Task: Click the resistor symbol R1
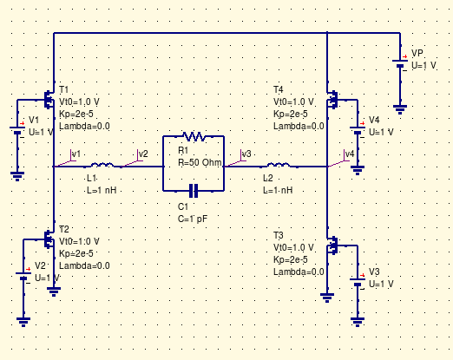[194, 137]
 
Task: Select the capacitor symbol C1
[194, 189]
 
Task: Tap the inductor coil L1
[102, 164]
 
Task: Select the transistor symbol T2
[50, 236]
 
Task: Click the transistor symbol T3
[331, 246]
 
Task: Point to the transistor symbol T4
[331, 100]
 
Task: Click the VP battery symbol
[399, 62]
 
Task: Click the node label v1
[75, 154]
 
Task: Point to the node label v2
[142, 154]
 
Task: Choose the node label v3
[246, 154]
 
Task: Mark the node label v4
[349, 154]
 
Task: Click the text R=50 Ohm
[201, 162]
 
